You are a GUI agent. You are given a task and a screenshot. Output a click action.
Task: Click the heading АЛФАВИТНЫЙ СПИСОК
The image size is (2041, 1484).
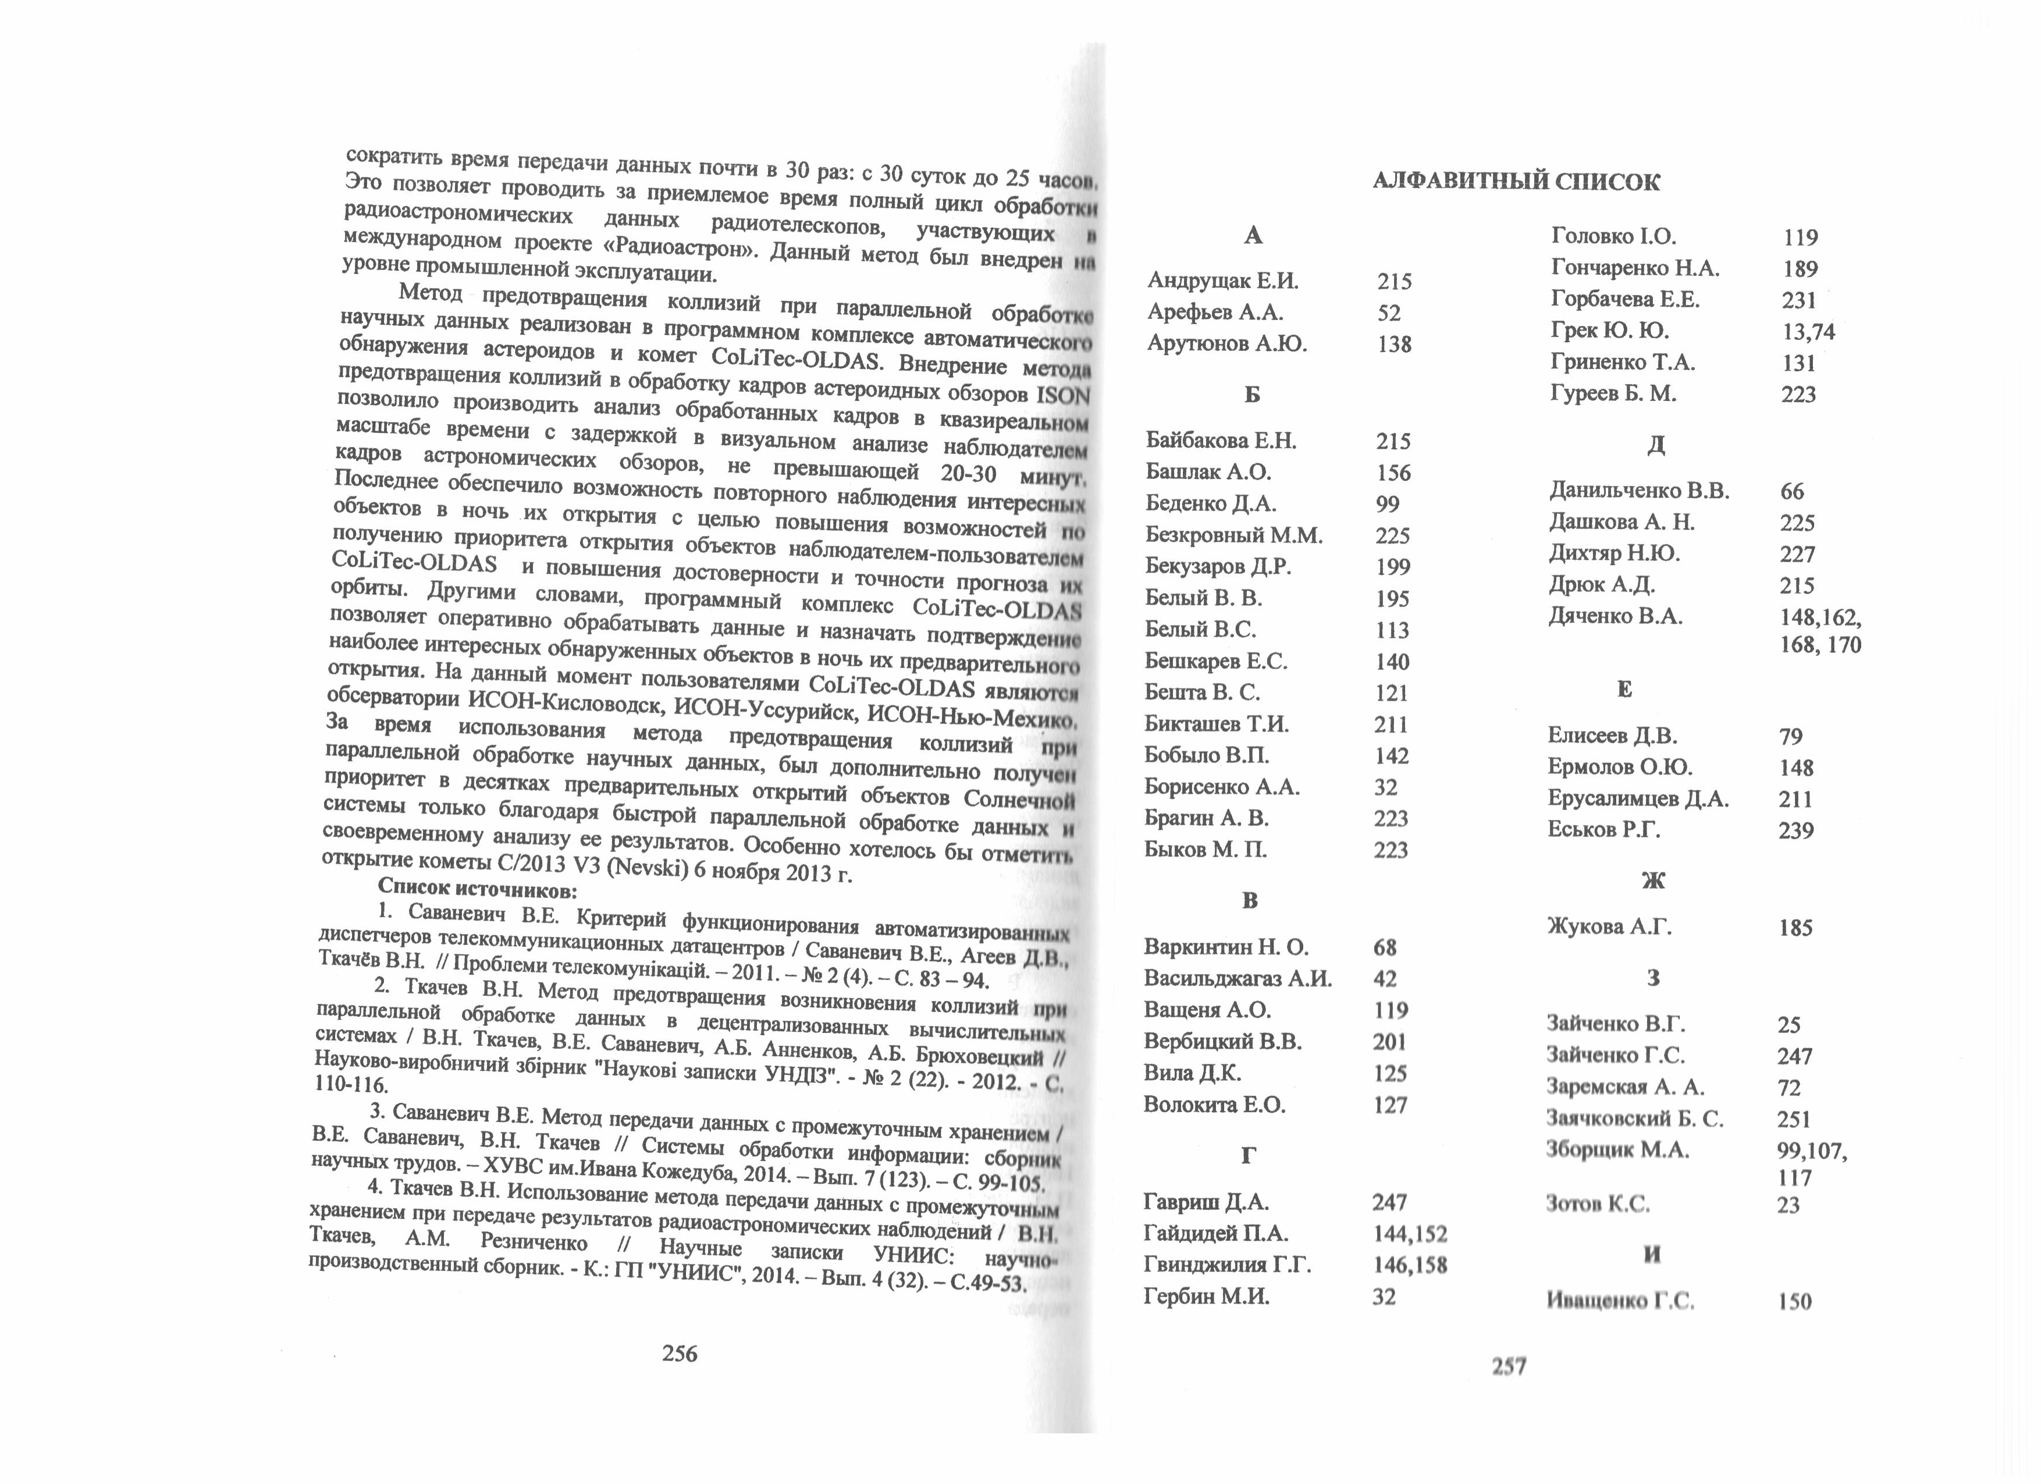pyautogui.click(x=1516, y=182)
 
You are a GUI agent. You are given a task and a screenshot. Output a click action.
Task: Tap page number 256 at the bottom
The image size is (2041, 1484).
pyautogui.click(x=680, y=1352)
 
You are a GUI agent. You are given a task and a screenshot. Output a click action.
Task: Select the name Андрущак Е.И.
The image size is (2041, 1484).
pyautogui.click(x=1223, y=281)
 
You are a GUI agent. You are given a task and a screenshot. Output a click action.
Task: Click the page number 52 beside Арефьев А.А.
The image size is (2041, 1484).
pyautogui.click(x=1389, y=313)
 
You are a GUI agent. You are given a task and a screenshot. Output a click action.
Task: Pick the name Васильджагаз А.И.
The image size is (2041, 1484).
pyautogui.click(x=1238, y=978)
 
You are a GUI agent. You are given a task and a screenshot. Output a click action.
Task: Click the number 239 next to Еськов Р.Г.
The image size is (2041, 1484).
pyautogui.click(x=1795, y=830)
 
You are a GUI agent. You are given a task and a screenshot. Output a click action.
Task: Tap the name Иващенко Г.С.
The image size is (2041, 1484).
pyautogui.click(x=1620, y=1301)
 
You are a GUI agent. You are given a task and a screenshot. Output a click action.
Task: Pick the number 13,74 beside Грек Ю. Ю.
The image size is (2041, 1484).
pyautogui.click(x=1808, y=332)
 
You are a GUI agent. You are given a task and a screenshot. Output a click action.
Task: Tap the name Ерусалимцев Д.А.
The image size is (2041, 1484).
pyautogui.click(x=1638, y=798)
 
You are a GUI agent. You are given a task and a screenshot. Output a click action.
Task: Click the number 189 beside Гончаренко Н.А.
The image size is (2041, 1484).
pyautogui.click(x=1800, y=269)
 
